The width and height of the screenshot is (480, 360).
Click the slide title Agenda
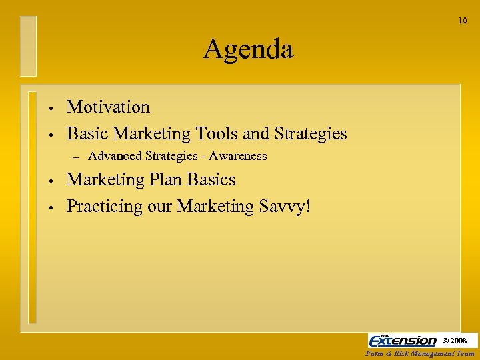tap(248, 49)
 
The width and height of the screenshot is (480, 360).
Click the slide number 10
tap(463, 21)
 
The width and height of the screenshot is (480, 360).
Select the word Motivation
tap(108, 107)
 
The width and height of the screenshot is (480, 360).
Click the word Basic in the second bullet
tap(88, 133)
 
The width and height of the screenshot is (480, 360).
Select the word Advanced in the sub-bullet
tap(115, 156)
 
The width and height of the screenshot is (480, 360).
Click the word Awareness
tap(237, 156)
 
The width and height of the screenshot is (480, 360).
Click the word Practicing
tap(103, 207)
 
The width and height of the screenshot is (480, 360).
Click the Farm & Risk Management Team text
tap(420, 354)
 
